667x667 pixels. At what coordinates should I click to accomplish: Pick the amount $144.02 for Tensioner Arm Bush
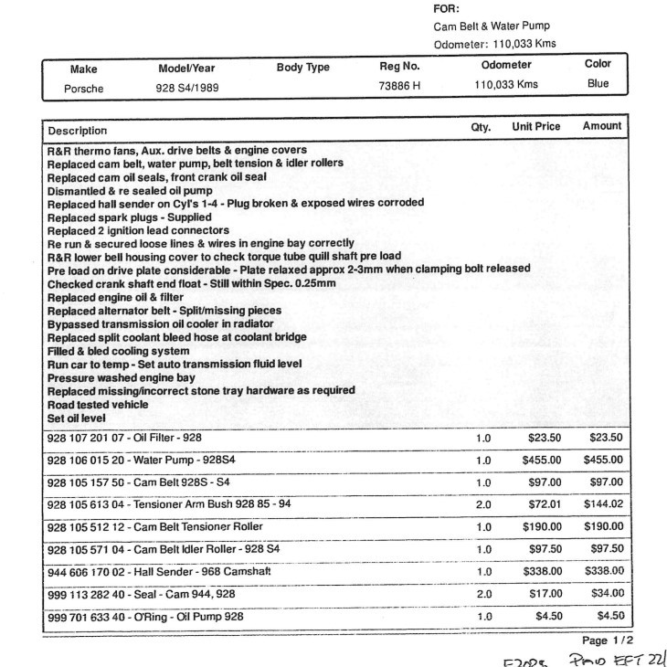602,503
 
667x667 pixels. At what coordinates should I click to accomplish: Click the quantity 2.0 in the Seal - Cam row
483,591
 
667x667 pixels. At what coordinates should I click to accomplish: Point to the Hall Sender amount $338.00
602,569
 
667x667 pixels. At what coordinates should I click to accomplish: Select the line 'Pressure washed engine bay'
121,377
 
